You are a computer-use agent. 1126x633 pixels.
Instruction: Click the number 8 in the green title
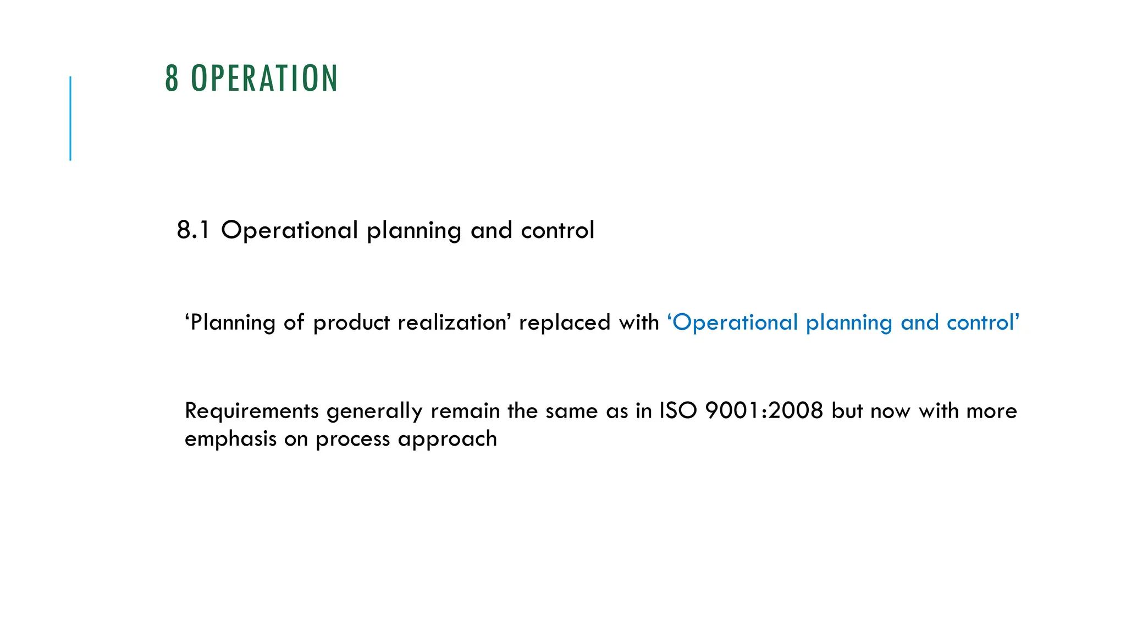(x=172, y=79)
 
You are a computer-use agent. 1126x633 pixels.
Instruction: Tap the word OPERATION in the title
(x=264, y=79)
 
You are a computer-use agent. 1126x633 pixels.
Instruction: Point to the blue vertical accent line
(x=70, y=118)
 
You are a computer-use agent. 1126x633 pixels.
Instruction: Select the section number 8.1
(x=193, y=230)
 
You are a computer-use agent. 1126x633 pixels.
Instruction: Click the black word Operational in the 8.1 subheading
(x=289, y=230)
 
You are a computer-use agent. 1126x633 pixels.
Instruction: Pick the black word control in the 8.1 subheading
(x=558, y=230)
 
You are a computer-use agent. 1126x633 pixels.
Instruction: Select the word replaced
(x=565, y=323)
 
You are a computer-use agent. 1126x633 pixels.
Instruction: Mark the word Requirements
(x=252, y=411)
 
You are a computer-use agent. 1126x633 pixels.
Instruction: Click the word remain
(x=465, y=411)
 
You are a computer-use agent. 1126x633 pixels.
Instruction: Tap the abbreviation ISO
(x=678, y=411)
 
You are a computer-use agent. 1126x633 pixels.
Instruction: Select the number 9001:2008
(x=764, y=411)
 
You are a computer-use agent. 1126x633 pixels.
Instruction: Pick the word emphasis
(x=230, y=439)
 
